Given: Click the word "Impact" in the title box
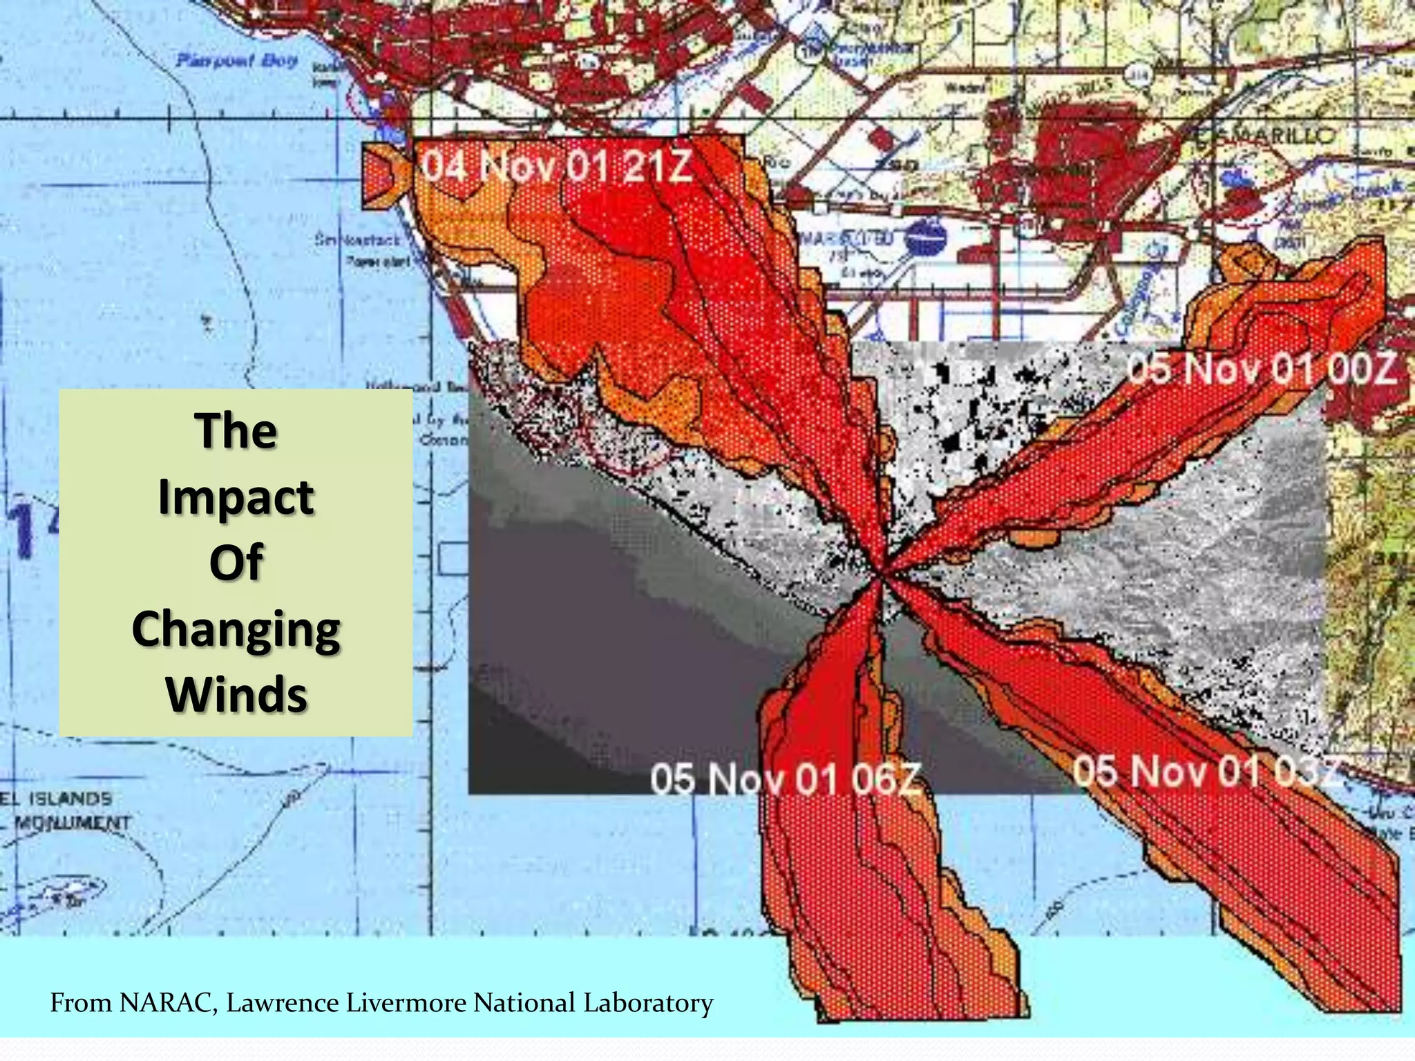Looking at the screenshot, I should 236,497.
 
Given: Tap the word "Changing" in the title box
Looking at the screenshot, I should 236,630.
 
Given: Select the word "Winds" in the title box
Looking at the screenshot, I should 236,695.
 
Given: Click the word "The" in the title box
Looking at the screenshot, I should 236,431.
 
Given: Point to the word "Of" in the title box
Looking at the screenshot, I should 236,562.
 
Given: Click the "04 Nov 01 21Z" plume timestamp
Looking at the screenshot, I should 557,166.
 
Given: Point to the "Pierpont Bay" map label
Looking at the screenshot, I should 237,61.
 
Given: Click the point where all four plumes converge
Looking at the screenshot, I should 884,573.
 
